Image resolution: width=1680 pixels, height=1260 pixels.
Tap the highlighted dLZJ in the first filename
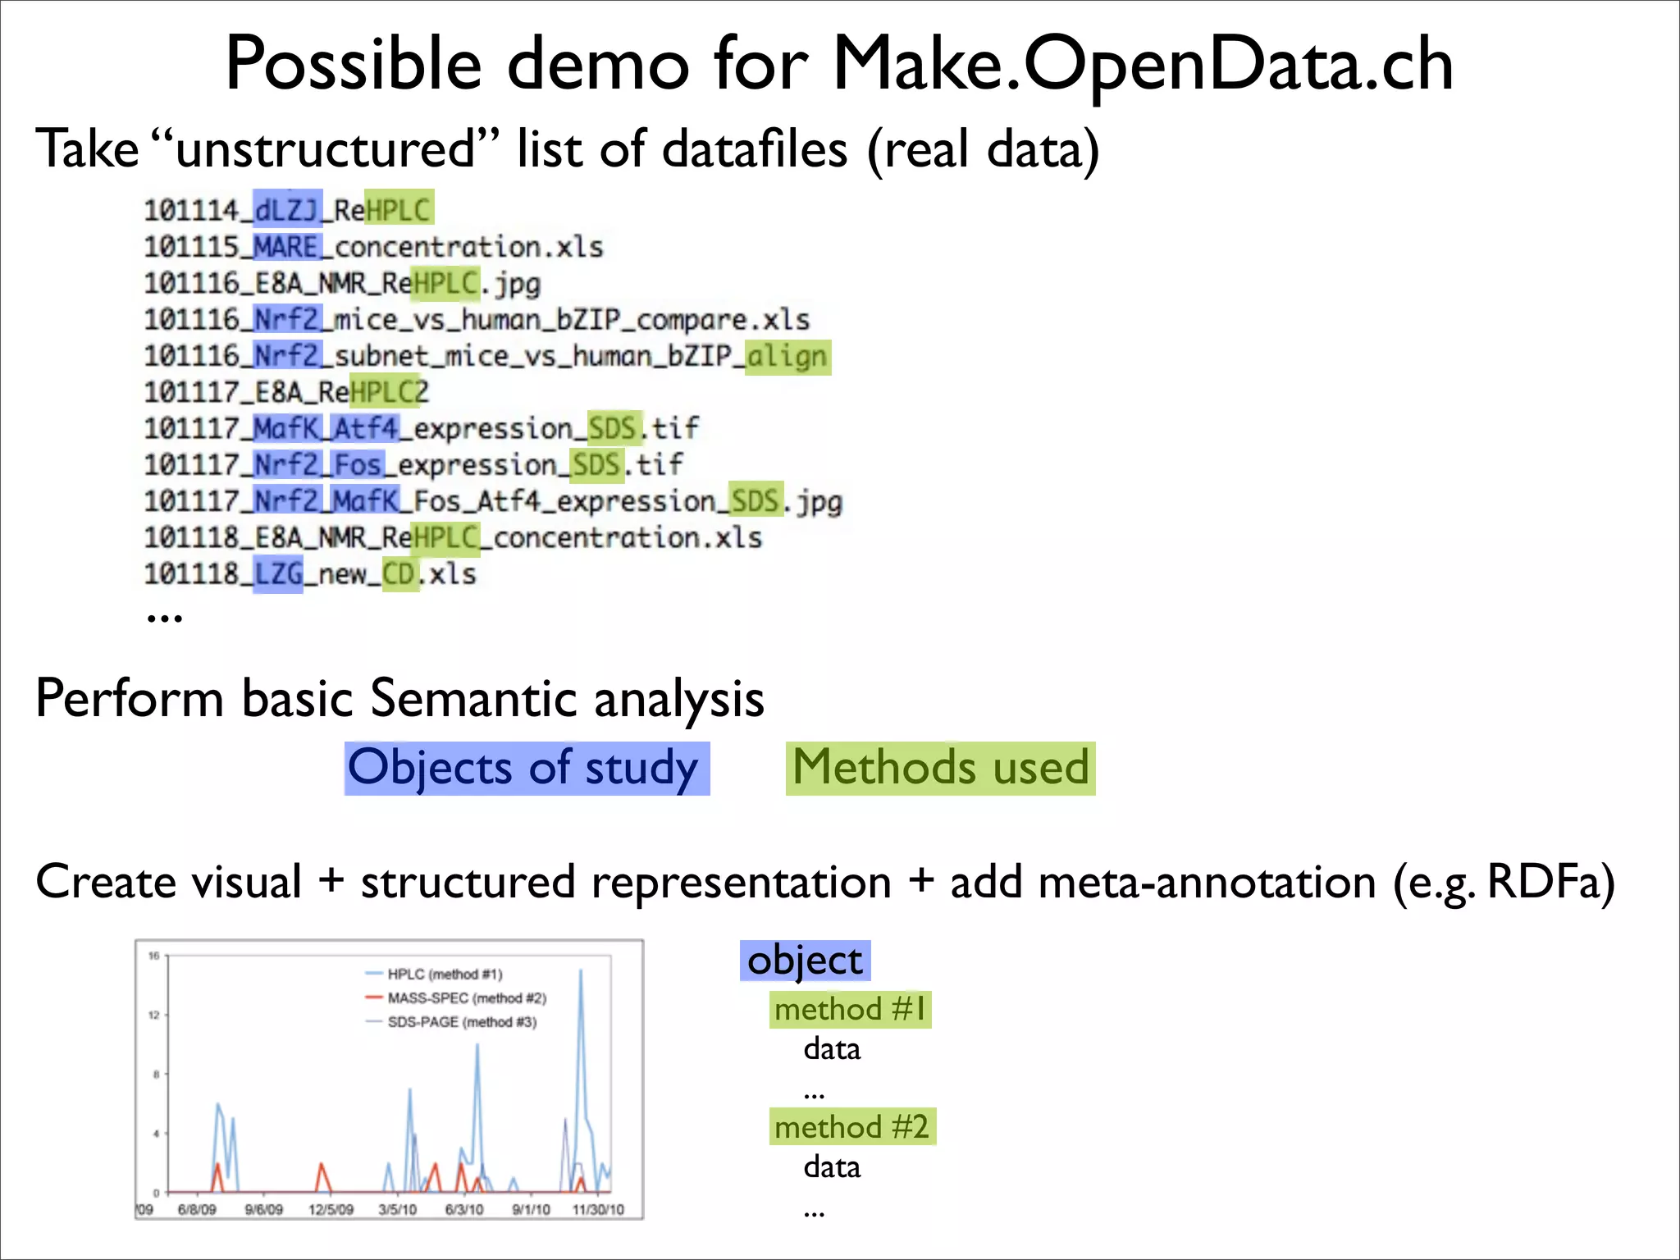click(287, 210)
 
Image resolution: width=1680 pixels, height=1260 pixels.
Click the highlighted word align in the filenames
click(787, 357)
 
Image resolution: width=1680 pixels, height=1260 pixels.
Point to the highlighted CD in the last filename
click(400, 573)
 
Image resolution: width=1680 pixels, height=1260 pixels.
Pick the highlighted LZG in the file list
click(278, 573)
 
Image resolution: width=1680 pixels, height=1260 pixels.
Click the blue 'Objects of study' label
click(526, 769)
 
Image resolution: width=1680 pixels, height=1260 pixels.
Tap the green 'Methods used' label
click(940, 769)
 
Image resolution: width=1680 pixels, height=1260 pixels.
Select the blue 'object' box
click(805, 961)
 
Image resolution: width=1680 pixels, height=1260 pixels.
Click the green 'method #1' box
click(851, 1009)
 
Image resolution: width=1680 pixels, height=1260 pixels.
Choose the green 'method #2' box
click(852, 1127)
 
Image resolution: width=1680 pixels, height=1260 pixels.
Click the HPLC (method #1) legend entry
click(444, 975)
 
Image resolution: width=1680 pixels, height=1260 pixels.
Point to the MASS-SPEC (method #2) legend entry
click(466, 998)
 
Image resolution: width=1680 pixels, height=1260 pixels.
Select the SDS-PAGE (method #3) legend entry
click(461, 1022)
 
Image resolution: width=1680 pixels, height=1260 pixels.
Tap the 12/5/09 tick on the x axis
click(331, 1209)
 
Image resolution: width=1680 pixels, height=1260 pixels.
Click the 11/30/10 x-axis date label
click(598, 1209)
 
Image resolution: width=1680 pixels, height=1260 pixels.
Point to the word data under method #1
click(832, 1049)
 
